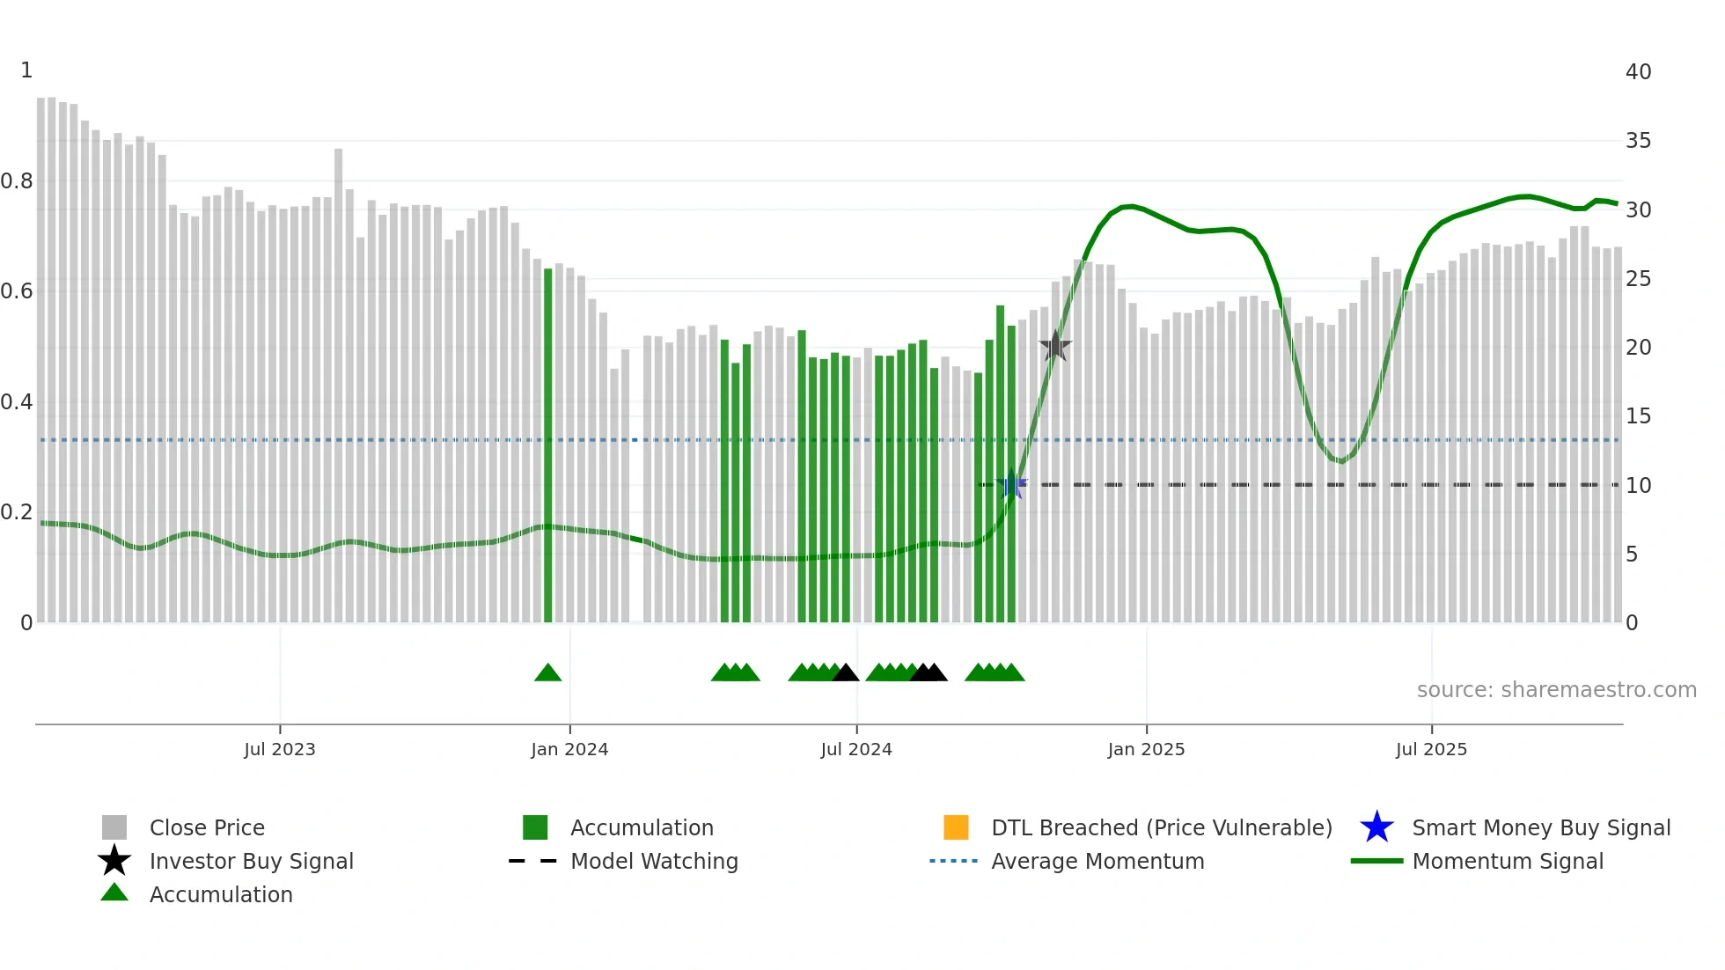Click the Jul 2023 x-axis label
(x=279, y=749)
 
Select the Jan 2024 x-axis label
(x=569, y=749)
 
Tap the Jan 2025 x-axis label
(x=1146, y=749)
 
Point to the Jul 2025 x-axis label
(x=1431, y=749)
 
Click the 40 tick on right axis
(x=1638, y=72)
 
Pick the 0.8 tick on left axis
(x=17, y=181)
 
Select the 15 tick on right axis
(x=1638, y=416)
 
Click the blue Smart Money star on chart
(x=1011, y=485)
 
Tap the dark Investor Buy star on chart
(x=1055, y=347)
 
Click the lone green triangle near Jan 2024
(x=547, y=673)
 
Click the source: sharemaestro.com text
(x=1556, y=690)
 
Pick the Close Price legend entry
(x=207, y=827)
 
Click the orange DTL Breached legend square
(x=956, y=827)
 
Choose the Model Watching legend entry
(x=653, y=861)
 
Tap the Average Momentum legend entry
(x=1097, y=861)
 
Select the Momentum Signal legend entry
(x=1507, y=861)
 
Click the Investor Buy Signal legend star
(x=114, y=861)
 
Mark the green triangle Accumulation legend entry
(x=220, y=894)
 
